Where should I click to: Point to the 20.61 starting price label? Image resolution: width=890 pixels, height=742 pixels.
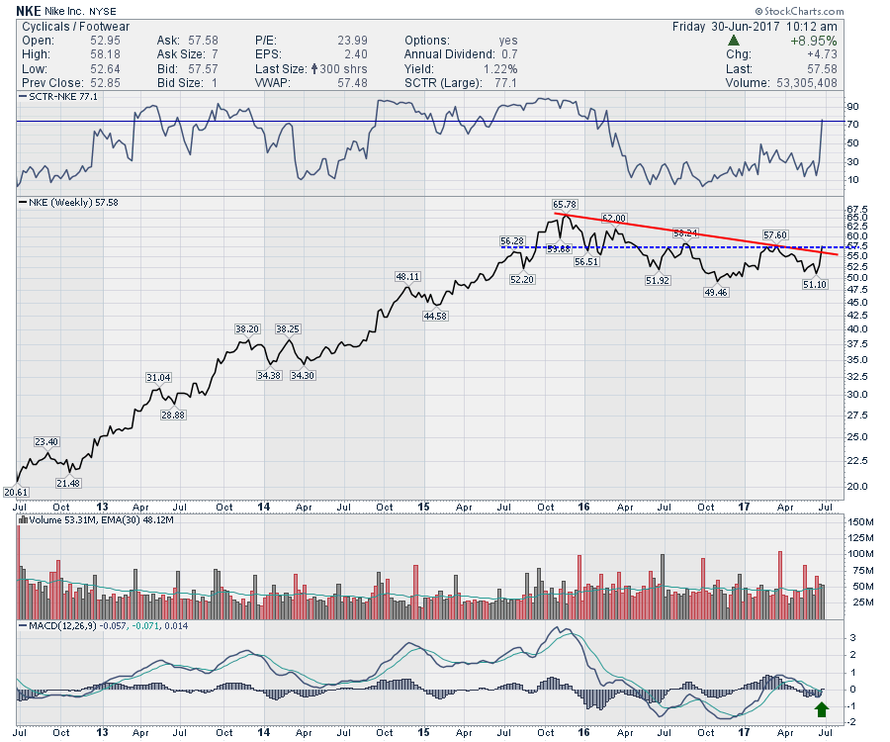click(16, 492)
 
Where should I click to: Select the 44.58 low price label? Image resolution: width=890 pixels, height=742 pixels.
click(435, 316)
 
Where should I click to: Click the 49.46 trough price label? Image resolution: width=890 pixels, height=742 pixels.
click(716, 293)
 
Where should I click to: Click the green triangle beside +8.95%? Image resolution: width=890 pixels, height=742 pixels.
click(733, 41)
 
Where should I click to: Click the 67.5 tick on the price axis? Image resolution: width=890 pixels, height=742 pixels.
click(856, 209)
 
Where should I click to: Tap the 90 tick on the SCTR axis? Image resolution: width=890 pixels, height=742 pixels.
click(852, 106)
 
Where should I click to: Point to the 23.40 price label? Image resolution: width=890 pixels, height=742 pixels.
click(47, 442)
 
